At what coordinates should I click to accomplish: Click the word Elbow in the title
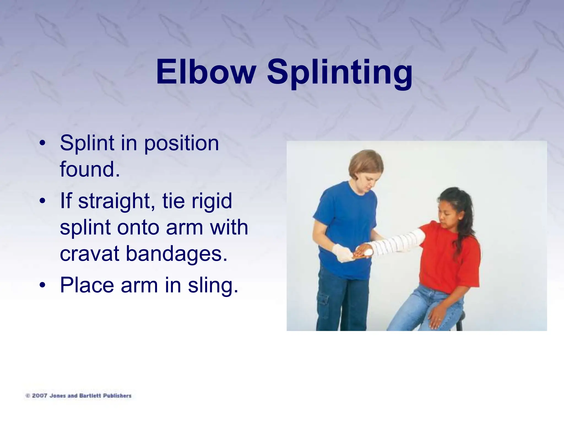(205, 72)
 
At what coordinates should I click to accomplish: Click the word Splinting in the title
(340, 73)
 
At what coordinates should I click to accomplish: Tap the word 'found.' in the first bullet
(90, 169)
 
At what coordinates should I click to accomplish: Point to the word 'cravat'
(90, 254)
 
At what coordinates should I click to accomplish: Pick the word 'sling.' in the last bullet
(213, 285)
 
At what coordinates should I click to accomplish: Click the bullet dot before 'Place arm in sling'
(42, 285)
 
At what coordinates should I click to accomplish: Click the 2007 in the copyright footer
(39, 396)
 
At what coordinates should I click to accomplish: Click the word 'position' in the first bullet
(181, 144)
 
